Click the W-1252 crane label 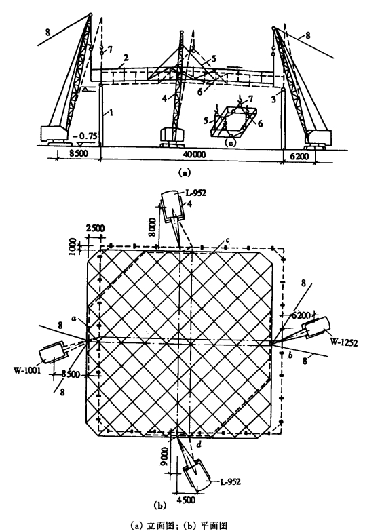point(344,342)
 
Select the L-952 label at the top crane point(195,193)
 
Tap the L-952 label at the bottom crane point(230,481)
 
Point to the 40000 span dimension point(194,155)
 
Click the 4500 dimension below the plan point(186,500)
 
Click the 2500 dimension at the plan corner point(95,229)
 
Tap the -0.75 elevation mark point(86,136)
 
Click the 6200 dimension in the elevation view point(300,156)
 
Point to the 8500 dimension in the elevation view point(78,153)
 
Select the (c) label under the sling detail point(230,142)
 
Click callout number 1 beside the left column point(111,112)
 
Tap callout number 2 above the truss point(126,58)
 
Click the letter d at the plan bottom point(199,444)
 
